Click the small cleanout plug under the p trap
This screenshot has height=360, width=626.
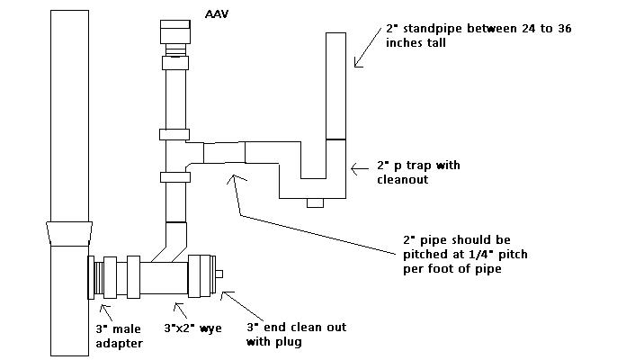[x=315, y=202]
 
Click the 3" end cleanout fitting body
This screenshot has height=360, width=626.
[x=199, y=274]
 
